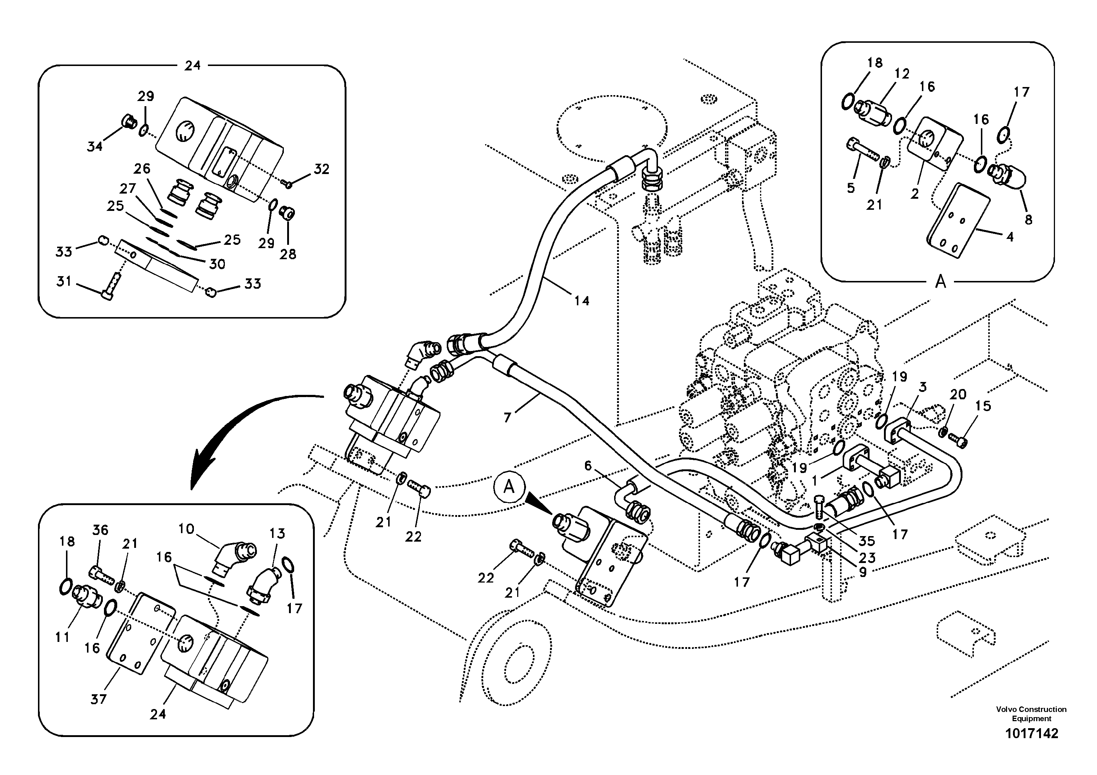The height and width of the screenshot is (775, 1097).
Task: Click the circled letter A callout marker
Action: coord(509,487)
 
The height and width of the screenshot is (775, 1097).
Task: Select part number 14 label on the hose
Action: coord(581,300)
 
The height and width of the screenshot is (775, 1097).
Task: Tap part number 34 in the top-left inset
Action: coord(95,146)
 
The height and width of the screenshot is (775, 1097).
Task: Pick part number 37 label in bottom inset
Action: coord(98,699)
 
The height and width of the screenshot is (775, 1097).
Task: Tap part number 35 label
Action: coord(866,541)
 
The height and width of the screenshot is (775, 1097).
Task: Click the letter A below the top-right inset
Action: coord(940,282)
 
